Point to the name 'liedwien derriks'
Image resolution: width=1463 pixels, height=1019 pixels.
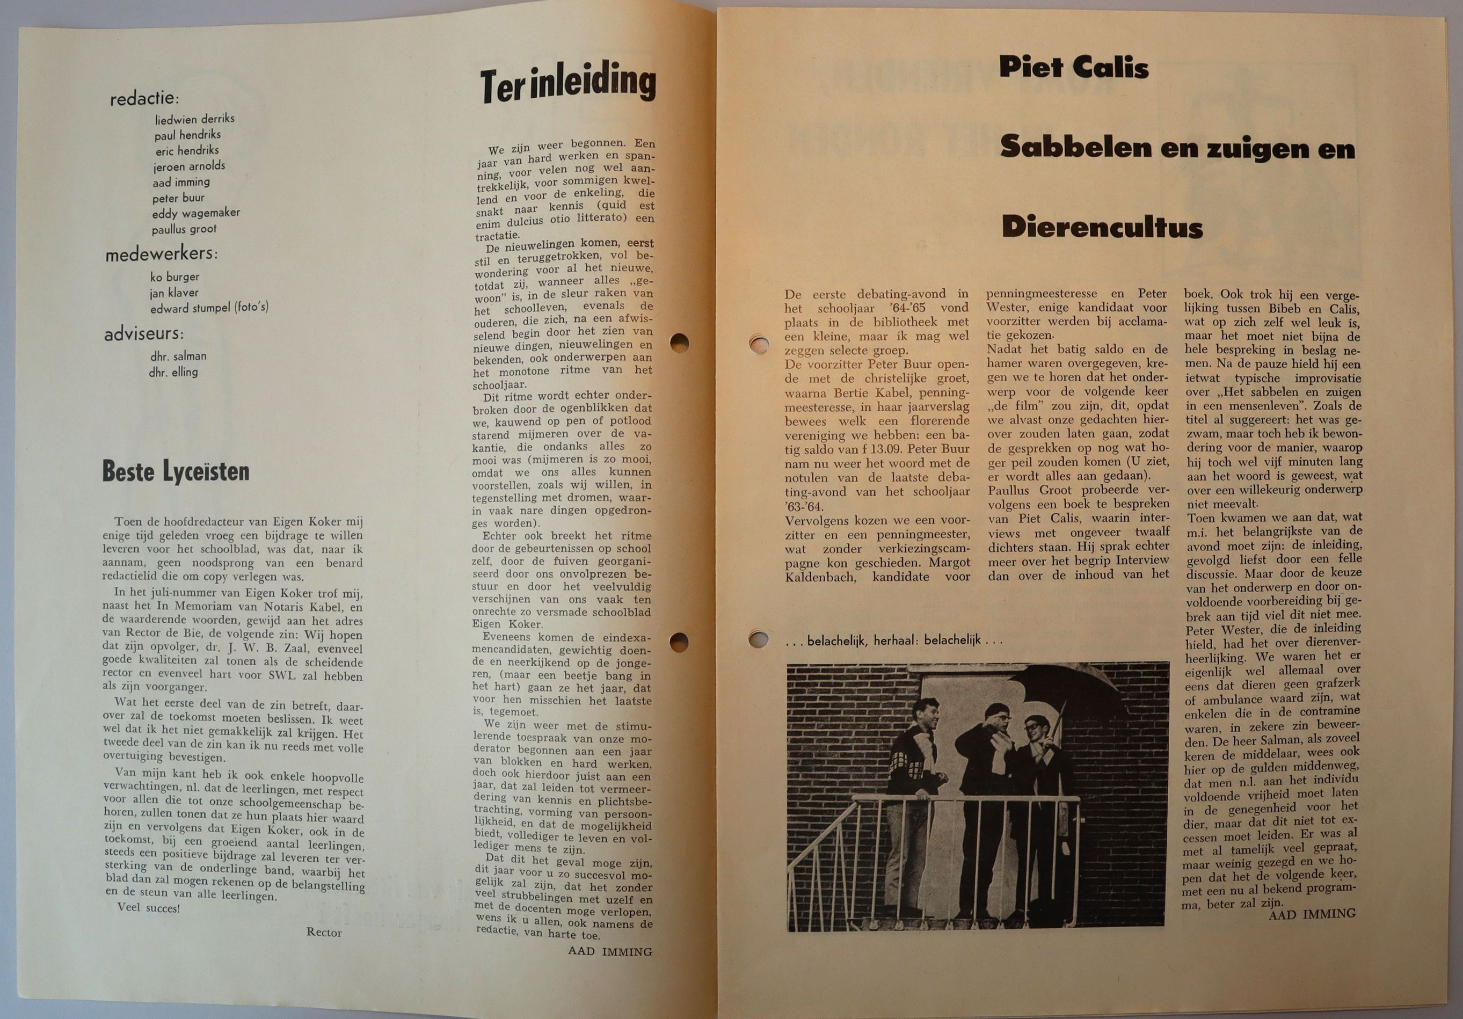[x=194, y=119]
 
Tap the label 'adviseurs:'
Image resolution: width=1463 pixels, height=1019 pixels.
[x=144, y=334]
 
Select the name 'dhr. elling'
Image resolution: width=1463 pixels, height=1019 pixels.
[x=173, y=372]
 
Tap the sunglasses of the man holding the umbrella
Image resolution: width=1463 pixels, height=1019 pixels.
[x=1033, y=725]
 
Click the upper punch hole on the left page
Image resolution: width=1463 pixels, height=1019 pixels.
[x=679, y=342]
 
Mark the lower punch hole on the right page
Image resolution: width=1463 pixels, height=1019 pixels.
[x=758, y=638]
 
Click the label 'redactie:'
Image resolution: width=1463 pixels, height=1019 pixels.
[x=144, y=99]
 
